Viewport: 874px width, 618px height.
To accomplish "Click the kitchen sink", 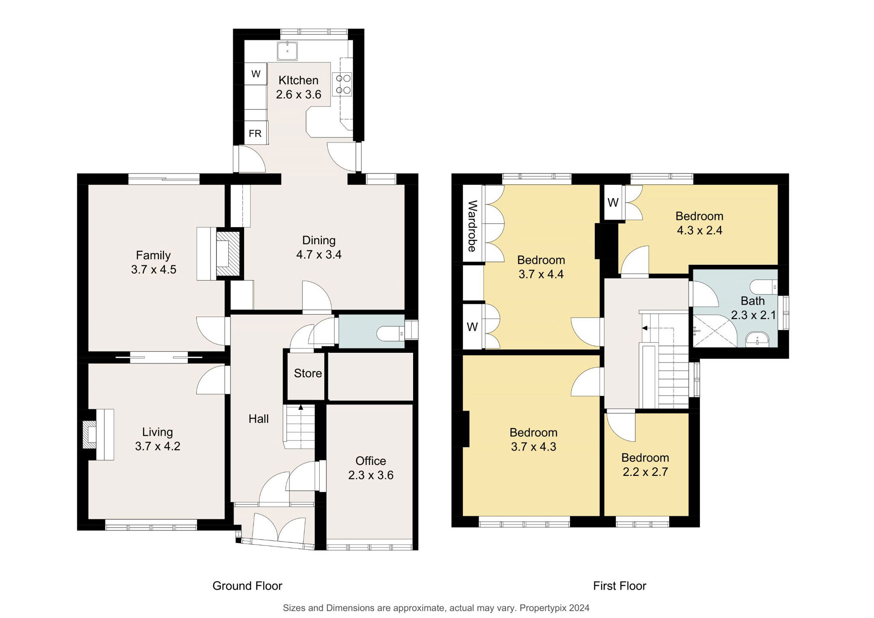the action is (288, 51).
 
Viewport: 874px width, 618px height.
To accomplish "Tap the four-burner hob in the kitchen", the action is (343, 84).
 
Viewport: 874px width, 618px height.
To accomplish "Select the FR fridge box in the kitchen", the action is (256, 133).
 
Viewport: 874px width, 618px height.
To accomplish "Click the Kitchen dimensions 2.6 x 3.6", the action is (298, 94).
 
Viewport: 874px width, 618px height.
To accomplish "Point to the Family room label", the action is (153, 255).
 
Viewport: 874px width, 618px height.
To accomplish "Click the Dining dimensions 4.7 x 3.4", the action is (319, 255).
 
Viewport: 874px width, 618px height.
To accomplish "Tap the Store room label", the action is (308, 373).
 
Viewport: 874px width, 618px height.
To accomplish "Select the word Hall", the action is (259, 419).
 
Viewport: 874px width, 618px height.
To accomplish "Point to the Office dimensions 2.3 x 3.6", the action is (370, 475).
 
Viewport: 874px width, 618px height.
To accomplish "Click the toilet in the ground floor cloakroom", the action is (391, 333).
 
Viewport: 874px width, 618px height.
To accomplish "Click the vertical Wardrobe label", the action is (472, 226).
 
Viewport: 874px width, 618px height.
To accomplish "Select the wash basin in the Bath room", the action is (757, 340).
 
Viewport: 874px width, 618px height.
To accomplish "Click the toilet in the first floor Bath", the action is (763, 286).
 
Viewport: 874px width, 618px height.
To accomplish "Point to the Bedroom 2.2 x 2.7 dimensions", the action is (645, 472).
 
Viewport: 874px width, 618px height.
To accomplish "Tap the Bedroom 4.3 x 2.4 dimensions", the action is (699, 230).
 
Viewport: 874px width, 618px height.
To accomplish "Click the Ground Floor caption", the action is (248, 586).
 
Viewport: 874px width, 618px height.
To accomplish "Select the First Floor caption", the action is (620, 586).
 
